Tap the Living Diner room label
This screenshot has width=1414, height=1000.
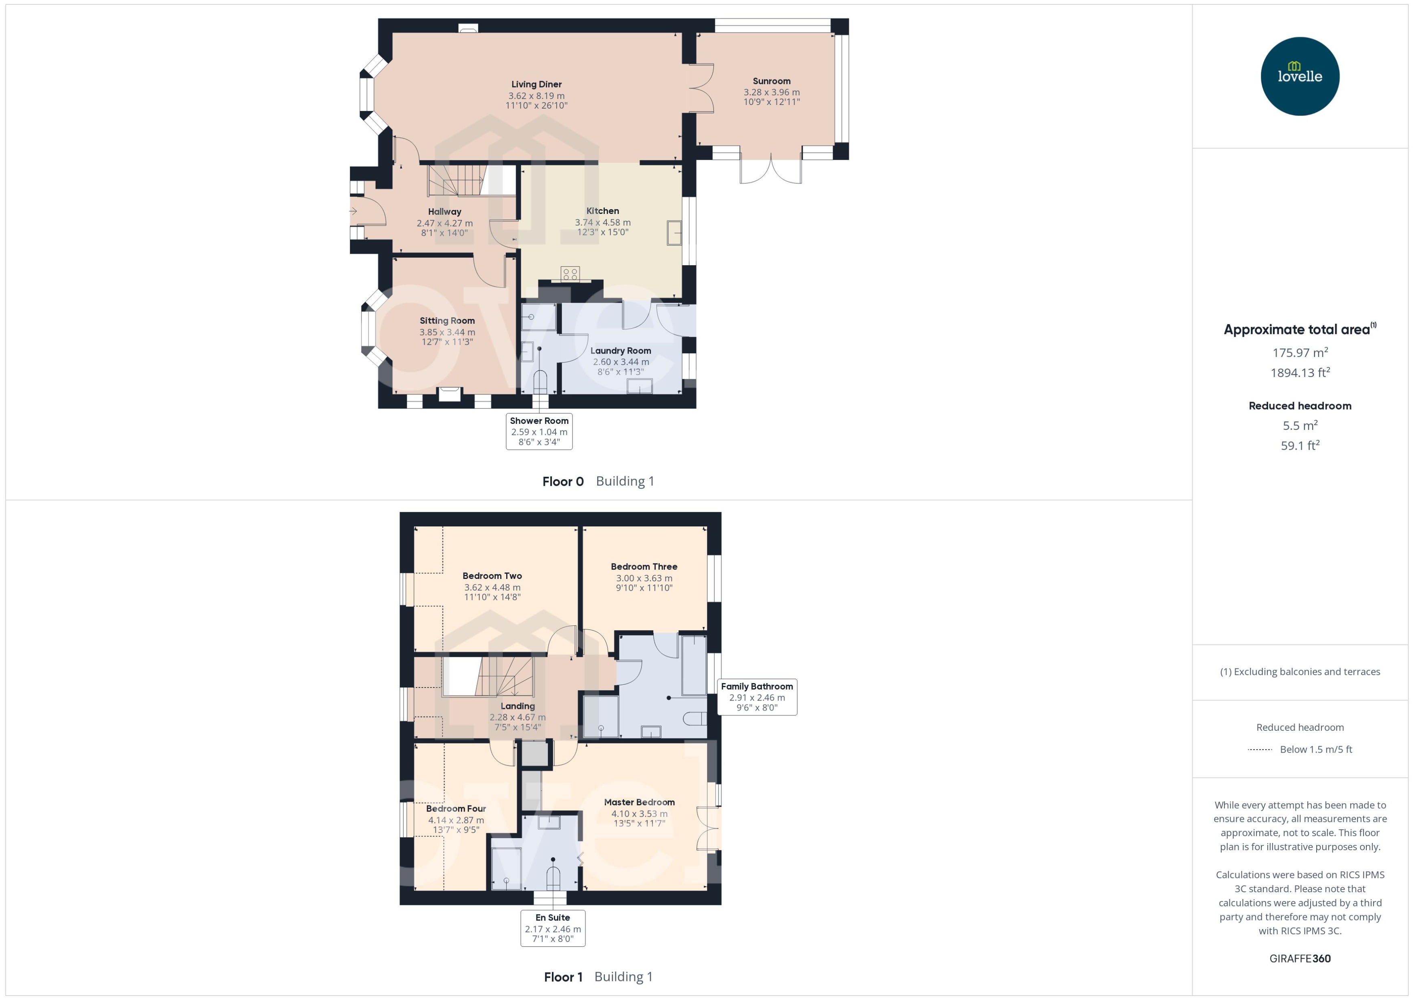[536, 84]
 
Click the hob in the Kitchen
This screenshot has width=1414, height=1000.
[570, 273]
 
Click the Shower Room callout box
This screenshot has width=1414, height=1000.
[539, 431]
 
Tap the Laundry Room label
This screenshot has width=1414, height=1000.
[621, 350]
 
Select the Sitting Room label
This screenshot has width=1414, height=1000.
[447, 321]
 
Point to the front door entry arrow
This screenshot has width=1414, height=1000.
[353, 211]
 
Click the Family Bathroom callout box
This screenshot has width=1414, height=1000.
[757, 696]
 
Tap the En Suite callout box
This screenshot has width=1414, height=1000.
[553, 928]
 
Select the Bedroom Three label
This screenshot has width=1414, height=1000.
[644, 566]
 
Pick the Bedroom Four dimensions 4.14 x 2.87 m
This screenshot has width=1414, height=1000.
[456, 820]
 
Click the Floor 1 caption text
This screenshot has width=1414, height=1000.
[562, 977]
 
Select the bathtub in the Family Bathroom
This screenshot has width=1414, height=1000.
[694, 665]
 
